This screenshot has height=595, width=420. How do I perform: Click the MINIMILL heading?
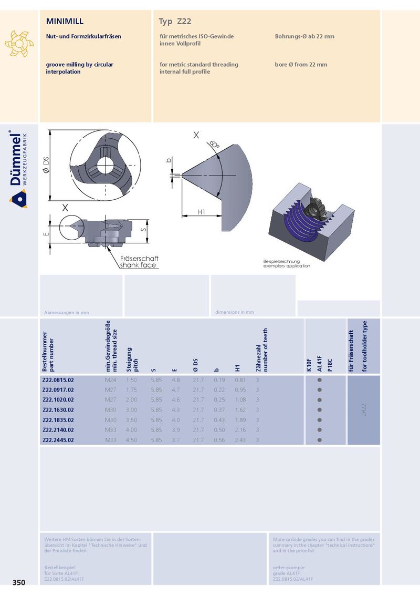[x=65, y=21]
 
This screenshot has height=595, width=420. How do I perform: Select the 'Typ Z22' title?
[x=175, y=22]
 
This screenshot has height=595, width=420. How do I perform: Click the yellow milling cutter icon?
[x=19, y=44]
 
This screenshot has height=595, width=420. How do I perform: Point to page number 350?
[x=19, y=582]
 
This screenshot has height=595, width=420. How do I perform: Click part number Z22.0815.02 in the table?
[x=58, y=380]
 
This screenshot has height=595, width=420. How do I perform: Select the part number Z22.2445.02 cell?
[x=58, y=440]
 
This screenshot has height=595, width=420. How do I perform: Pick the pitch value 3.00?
[x=132, y=410]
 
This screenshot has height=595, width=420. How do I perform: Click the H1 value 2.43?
[x=240, y=440]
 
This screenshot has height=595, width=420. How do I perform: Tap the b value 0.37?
[x=219, y=410]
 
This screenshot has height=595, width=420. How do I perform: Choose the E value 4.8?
[x=176, y=380]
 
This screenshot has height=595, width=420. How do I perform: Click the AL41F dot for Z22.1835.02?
[x=320, y=420]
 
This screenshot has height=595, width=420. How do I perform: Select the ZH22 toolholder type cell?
[x=363, y=410]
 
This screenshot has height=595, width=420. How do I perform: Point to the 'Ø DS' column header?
[x=196, y=365]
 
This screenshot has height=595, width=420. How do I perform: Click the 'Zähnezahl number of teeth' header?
[x=262, y=350]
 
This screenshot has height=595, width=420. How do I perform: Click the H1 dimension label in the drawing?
[x=201, y=212]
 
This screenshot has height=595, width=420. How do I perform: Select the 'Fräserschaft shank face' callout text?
[x=139, y=262]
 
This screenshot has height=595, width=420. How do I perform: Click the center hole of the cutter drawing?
[x=104, y=165]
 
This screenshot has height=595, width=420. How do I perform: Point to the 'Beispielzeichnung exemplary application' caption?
[x=287, y=264]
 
